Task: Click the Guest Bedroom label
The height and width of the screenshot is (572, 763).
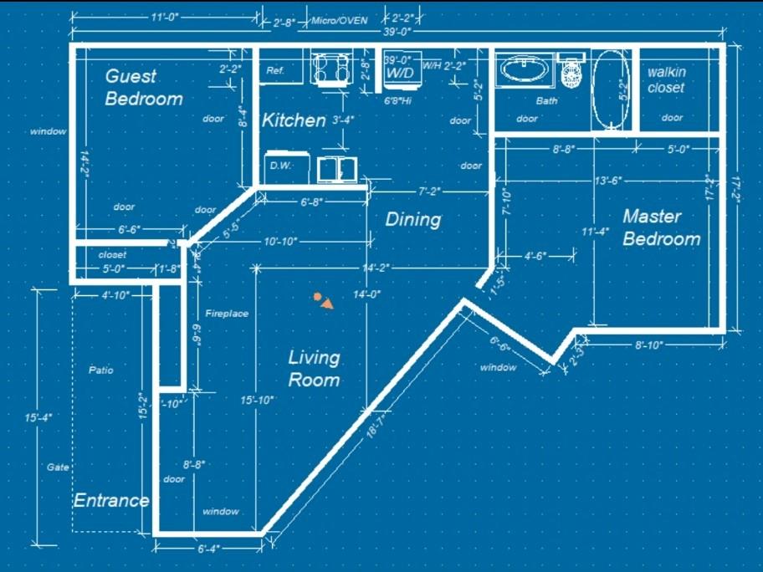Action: (143, 87)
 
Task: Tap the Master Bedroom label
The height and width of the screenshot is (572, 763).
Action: (661, 227)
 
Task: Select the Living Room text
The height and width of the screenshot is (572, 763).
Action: (314, 368)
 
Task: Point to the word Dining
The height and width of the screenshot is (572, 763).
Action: (412, 219)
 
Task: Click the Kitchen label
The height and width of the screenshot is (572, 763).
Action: (294, 120)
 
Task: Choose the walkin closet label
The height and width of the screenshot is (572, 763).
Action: (666, 79)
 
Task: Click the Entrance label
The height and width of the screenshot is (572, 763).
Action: (111, 500)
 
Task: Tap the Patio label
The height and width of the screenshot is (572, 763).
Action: (100, 370)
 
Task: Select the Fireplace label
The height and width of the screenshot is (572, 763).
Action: (227, 314)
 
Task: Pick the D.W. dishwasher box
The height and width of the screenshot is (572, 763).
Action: (280, 166)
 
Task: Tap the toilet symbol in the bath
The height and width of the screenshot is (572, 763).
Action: (572, 72)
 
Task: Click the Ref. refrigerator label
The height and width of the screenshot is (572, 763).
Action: (275, 71)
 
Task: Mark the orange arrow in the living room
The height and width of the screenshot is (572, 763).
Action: (326, 304)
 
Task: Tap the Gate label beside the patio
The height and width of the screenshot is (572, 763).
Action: (58, 467)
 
